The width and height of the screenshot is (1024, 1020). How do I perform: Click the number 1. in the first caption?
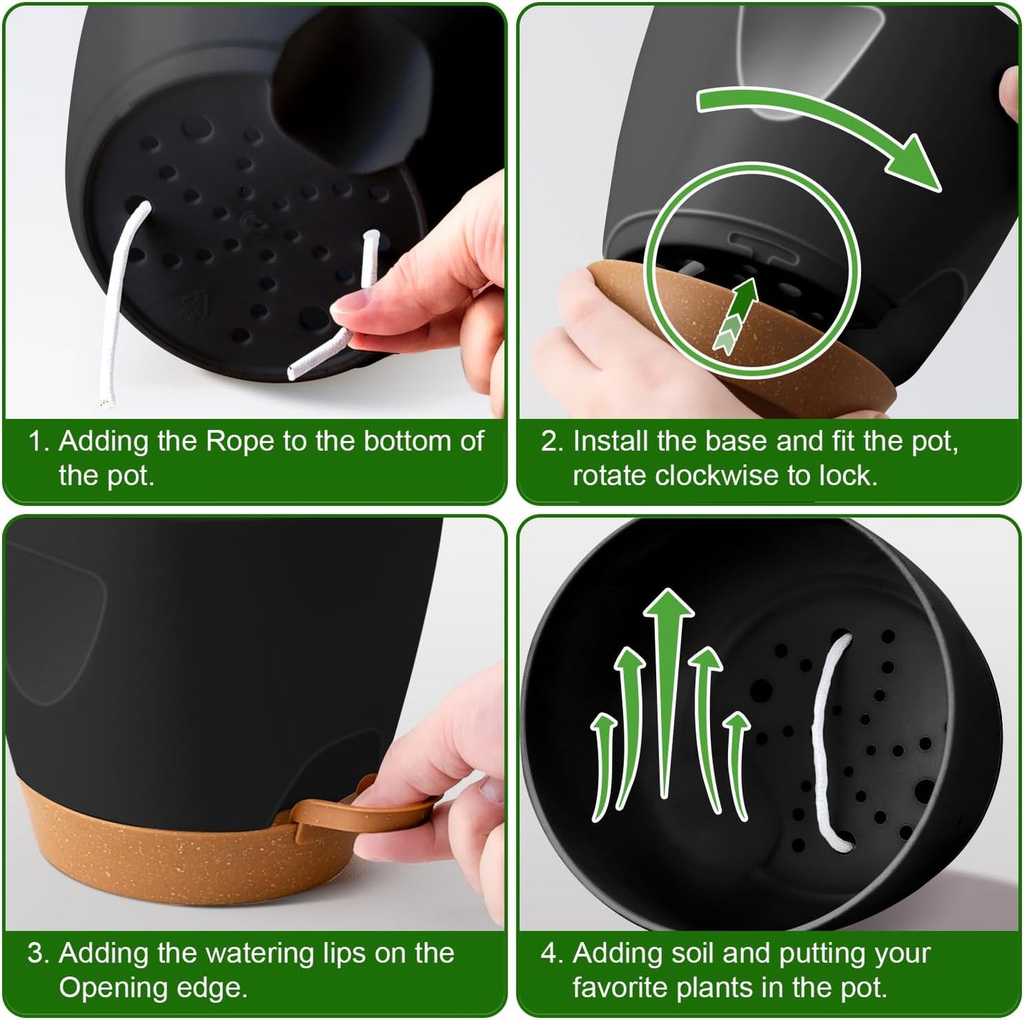tap(39, 442)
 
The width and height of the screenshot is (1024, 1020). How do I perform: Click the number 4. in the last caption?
tap(552, 953)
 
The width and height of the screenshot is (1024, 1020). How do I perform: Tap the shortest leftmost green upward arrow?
tap(602, 766)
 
